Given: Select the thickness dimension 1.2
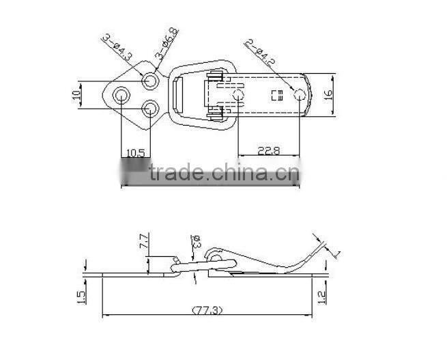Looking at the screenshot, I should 323,296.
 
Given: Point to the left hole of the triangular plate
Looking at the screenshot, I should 121,94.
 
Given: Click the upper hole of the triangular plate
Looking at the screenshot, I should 150,81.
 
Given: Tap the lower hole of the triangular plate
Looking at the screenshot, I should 151,107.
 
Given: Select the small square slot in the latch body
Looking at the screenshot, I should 276,95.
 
